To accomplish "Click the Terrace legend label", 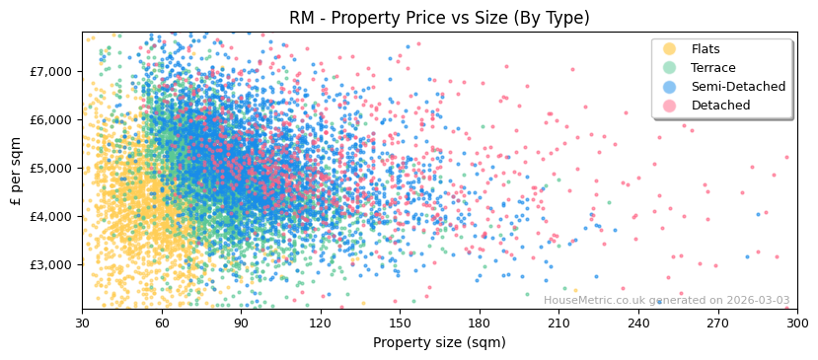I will [x=713, y=68].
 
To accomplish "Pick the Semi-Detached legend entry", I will [x=738, y=87].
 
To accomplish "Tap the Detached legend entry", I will [x=720, y=106].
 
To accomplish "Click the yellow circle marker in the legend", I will [x=670, y=49].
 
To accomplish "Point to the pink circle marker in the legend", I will [x=670, y=106].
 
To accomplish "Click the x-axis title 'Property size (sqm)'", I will [x=439, y=342].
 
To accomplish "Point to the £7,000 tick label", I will [x=50, y=71].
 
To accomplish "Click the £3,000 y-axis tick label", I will [x=50, y=264].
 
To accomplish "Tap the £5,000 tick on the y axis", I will [x=50, y=168].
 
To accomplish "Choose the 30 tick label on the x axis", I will [x=82, y=323].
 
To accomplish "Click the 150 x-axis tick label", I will [x=400, y=323].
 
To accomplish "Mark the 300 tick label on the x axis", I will [x=796, y=323].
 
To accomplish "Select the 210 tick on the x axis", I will [x=558, y=323].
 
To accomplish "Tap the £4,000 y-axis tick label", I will [x=50, y=216].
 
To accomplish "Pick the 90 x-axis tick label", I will [x=241, y=323].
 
